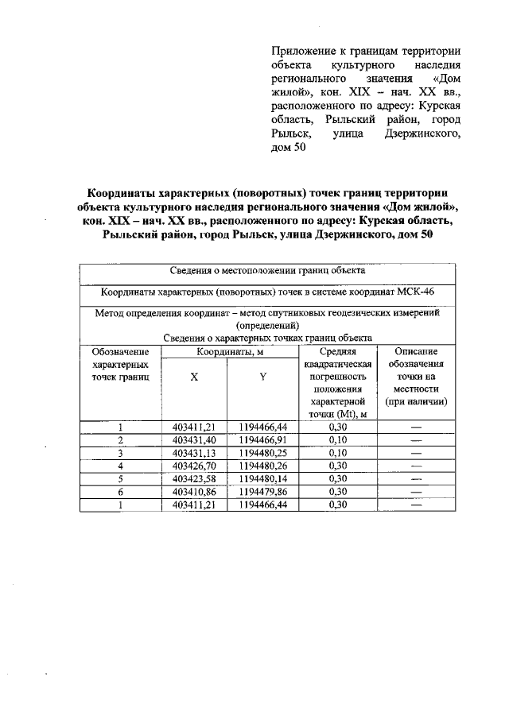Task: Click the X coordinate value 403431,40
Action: [x=194, y=439]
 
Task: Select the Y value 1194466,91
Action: [x=262, y=439]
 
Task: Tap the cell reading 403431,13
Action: [x=194, y=452]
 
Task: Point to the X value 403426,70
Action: [x=194, y=466]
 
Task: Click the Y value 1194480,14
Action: [x=262, y=478]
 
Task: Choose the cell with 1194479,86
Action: [x=262, y=491]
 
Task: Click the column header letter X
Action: [x=194, y=377]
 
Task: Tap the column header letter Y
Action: [x=262, y=377]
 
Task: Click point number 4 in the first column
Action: [x=120, y=466]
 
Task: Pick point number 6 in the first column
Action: [x=120, y=491]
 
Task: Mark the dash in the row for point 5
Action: [x=415, y=478]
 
